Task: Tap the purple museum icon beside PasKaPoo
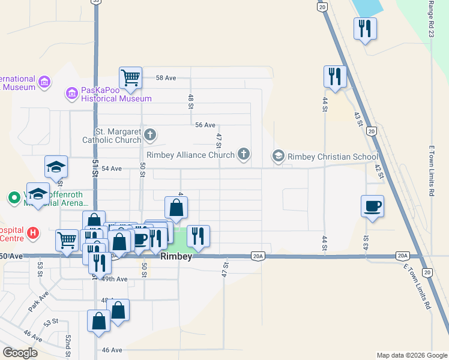click(x=71, y=93)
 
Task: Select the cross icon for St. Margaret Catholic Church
click(x=150, y=135)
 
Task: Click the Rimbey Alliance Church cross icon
click(x=243, y=155)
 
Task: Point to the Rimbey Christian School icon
click(x=279, y=156)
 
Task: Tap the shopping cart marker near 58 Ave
click(x=130, y=77)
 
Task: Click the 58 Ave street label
click(x=166, y=78)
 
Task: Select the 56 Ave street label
click(x=205, y=125)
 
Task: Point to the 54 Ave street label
click(x=112, y=169)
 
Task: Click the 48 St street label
click(x=191, y=101)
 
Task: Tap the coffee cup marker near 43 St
click(x=373, y=206)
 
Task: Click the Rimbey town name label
click(x=176, y=257)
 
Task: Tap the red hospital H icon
click(x=34, y=232)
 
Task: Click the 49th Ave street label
click(x=115, y=279)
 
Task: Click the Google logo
click(x=20, y=353)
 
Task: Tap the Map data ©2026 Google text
click(x=411, y=355)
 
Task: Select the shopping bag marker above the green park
click(x=176, y=208)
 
